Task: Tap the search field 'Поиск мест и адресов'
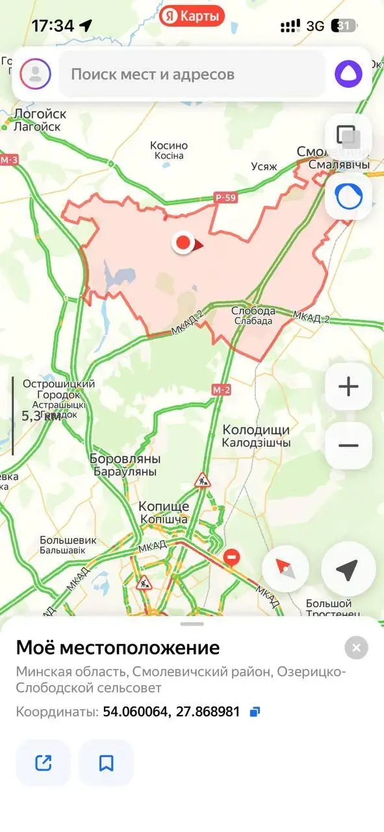[192, 74]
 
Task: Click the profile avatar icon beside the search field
[35, 74]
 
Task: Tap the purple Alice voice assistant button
[349, 74]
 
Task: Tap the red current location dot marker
[183, 243]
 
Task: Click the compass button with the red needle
[285, 569]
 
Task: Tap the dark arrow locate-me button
[348, 569]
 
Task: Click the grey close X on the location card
[356, 647]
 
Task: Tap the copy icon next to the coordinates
[255, 712]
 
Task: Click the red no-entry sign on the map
[231, 557]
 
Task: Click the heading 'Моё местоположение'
[118, 647]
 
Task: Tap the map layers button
[348, 136]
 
